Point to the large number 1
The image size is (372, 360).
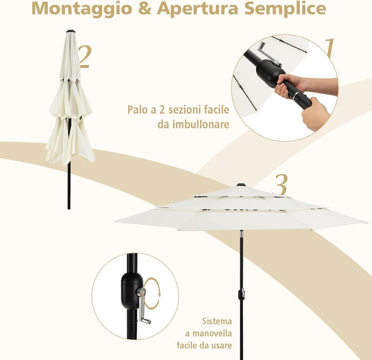click(x=329, y=48)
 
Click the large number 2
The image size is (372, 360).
click(x=84, y=55)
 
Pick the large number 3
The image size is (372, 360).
click(x=281, y=185)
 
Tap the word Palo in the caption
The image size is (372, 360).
click(x=139, y=110)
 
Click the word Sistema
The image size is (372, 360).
click(x=217, y=321)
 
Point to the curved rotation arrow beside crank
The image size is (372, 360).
click(x=153, y=294)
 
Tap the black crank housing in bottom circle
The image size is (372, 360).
click(x=131, y=290)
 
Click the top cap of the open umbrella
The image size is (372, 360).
click(x=241, y=185)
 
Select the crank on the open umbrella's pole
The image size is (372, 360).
click(x=241, y=293)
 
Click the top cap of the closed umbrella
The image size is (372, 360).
click(x=70, y=31)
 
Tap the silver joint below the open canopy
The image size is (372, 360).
click(x=241, y=235)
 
